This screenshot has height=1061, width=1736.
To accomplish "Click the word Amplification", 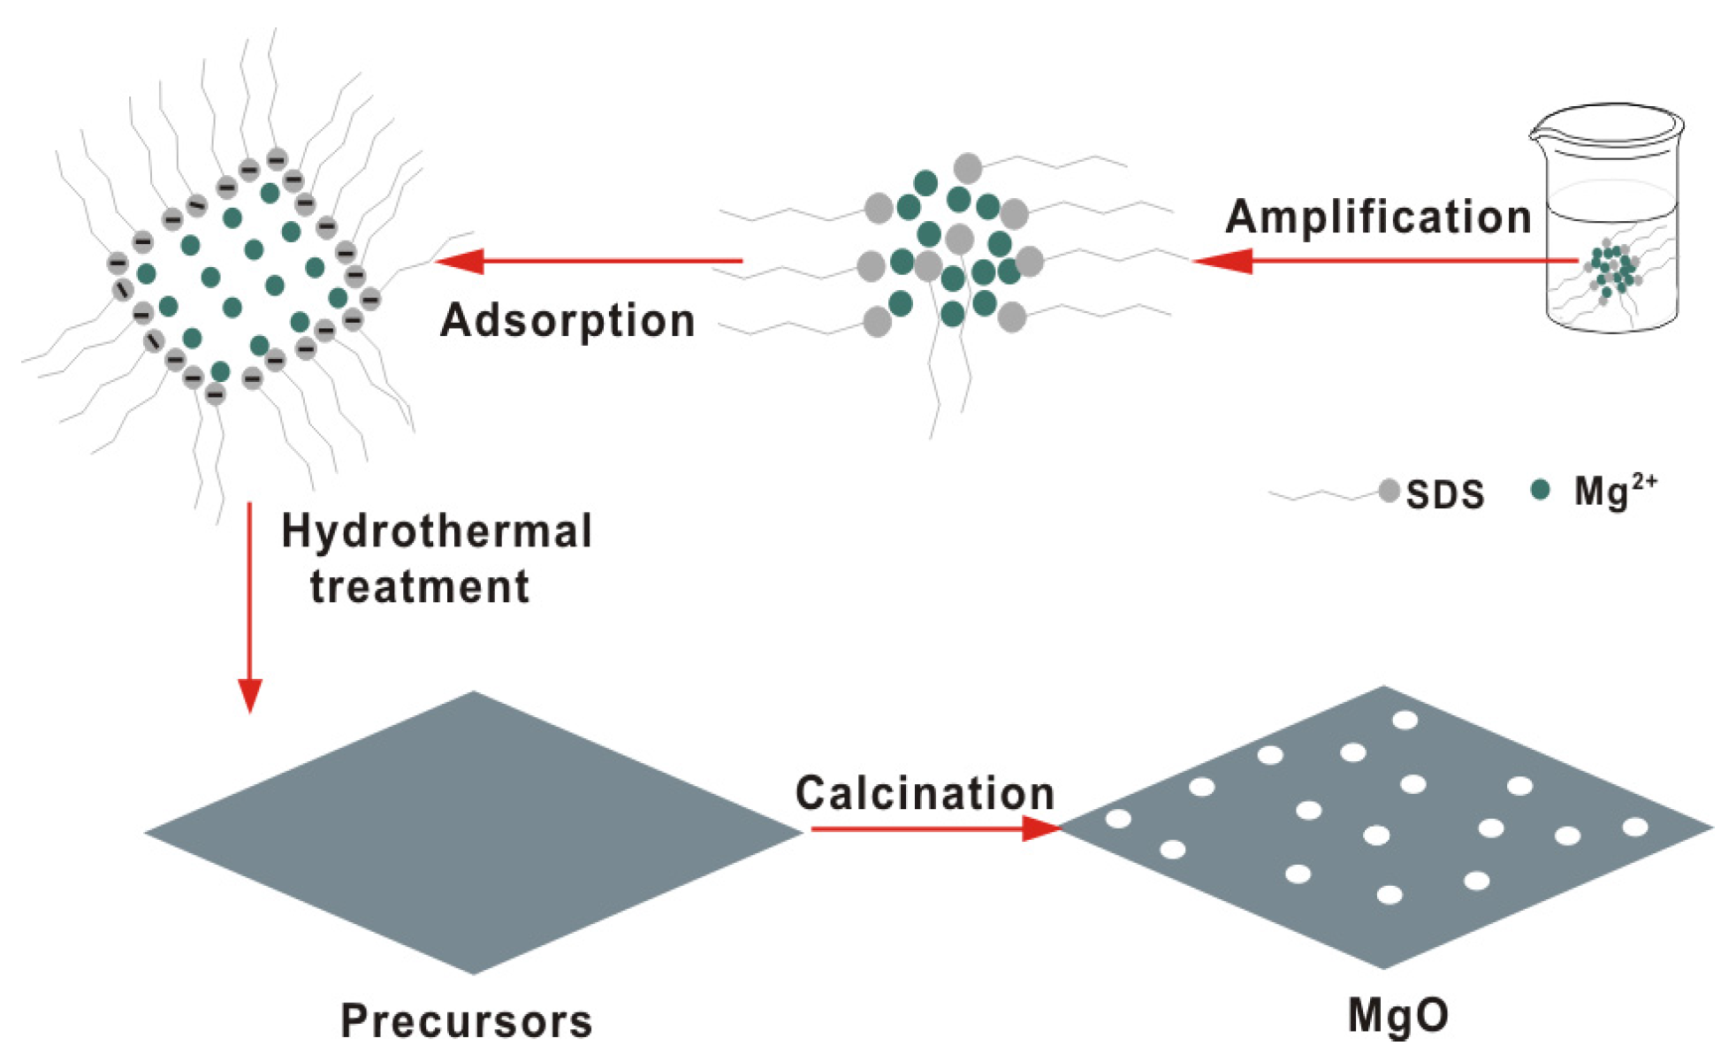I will point(1377,218).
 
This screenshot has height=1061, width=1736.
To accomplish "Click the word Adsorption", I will point(567,320).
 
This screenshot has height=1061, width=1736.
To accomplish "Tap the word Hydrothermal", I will point(437,532).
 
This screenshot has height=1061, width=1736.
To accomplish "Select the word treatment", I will point(419,587).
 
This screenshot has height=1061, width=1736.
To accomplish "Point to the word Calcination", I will point(925,793).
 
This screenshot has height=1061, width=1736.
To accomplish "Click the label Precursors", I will point(467,1021).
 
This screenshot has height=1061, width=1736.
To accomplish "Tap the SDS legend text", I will point(1444,495).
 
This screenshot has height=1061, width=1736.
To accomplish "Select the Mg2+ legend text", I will point(1614,492).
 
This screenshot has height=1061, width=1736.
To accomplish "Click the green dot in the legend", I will point(1540,490).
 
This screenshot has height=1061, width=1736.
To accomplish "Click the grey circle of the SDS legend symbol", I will point(1389,491).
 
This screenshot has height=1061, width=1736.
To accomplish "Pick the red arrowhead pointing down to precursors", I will point(250,695).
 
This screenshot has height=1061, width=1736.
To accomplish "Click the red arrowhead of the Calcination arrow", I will point(1040,828).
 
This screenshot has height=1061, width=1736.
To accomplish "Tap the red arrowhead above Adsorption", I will point(461,261).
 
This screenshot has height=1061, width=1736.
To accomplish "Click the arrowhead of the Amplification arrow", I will point(1224,261).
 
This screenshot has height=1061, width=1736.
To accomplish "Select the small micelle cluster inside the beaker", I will point(1612,270).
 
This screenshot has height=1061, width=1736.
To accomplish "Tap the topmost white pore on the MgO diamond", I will point(1405,721).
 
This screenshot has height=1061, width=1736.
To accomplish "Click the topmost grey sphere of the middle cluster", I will point(968,167).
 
